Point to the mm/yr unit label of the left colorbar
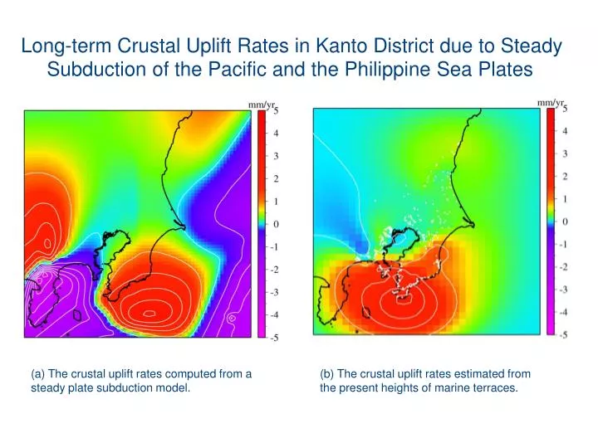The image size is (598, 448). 262,105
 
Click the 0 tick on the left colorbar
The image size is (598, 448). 276,225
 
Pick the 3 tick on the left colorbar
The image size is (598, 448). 276,156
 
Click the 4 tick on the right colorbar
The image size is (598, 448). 566,130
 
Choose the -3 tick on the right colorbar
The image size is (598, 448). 564,289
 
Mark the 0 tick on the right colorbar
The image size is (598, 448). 566,222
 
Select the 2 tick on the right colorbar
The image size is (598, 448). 566,176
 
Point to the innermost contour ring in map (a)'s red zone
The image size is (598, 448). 149,313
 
